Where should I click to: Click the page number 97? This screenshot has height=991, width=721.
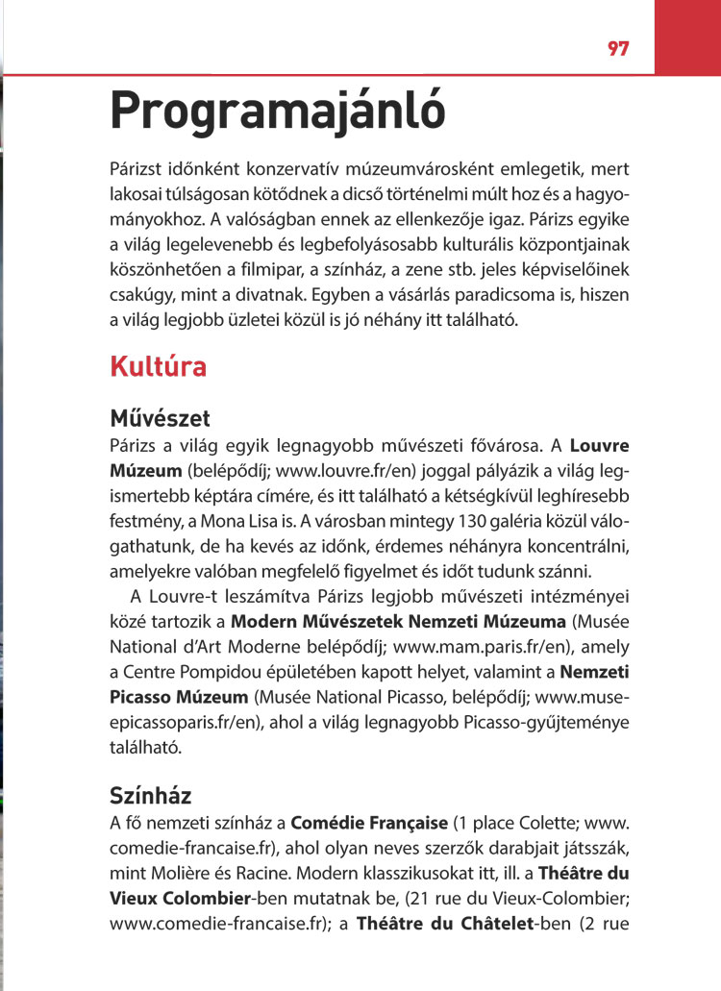(618, 49)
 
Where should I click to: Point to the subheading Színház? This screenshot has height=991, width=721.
(151, 796)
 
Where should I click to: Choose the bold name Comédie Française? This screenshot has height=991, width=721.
(369, 824)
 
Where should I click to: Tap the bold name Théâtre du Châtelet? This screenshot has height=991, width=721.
(455, 924)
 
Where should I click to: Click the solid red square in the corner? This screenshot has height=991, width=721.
(686, 36)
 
